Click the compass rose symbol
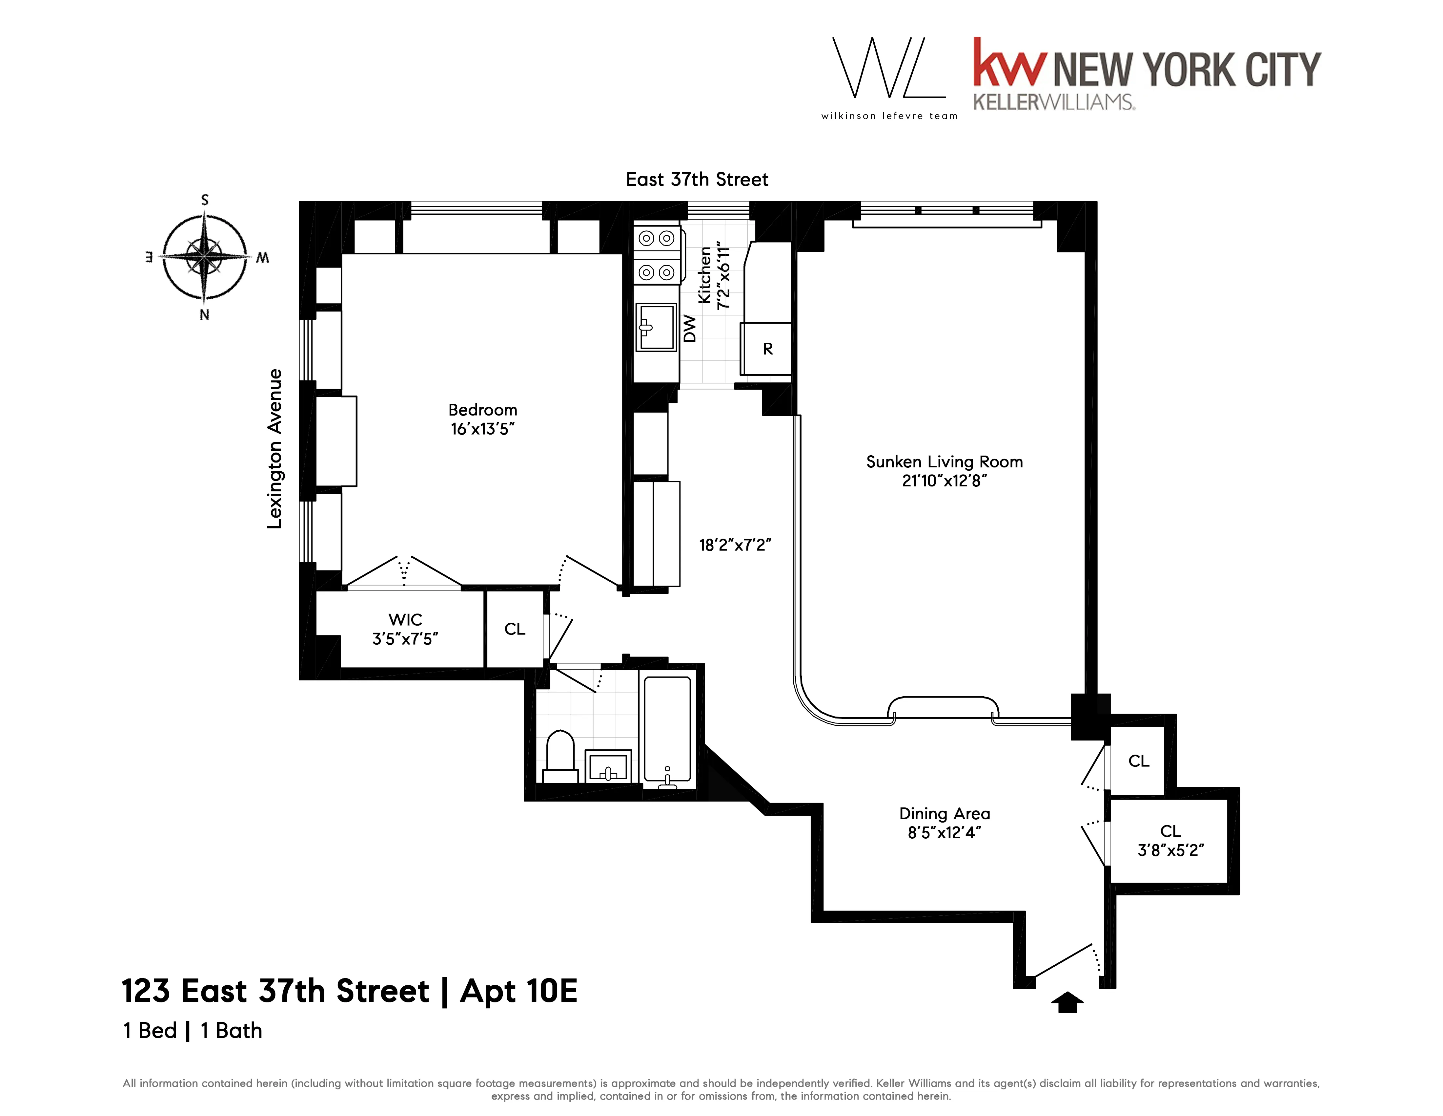coord(205,257)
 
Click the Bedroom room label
coord(482,410)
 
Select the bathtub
coord(667,731)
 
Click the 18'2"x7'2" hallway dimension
coord(735,546)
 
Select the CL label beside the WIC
coord(515,630)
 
